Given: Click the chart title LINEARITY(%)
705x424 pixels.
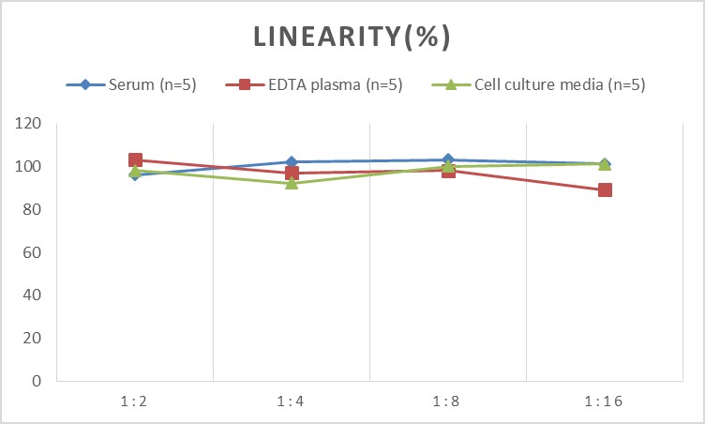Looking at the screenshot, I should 352,38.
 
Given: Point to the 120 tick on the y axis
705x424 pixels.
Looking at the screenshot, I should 30,124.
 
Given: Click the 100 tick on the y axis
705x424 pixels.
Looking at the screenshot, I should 30,167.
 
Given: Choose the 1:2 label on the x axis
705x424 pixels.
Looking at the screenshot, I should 135,401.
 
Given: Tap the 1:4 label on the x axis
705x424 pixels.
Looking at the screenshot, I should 292,401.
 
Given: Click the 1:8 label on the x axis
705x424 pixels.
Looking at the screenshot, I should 448,401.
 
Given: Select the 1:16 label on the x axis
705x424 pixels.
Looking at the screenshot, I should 605,401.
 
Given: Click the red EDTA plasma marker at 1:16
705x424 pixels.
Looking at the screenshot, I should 605,190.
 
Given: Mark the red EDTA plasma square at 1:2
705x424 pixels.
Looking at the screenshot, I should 135,160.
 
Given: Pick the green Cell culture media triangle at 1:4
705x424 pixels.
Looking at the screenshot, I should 292,183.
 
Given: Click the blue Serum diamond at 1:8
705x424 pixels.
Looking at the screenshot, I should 448,160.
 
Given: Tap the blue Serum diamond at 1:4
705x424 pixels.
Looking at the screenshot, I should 292,162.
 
